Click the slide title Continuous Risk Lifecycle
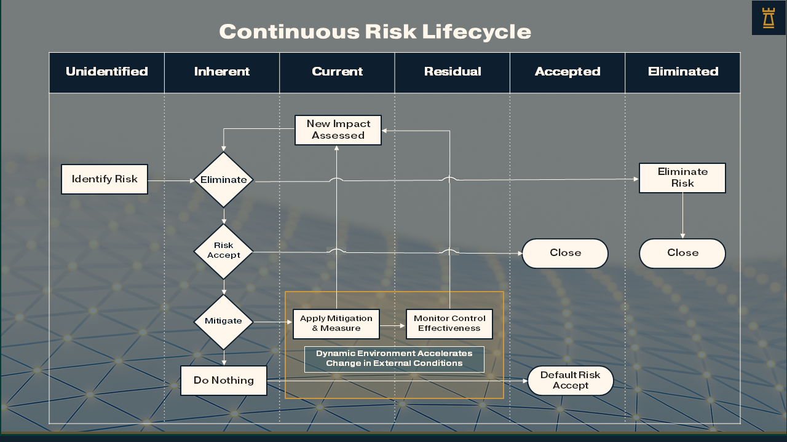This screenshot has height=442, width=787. click(375, 31)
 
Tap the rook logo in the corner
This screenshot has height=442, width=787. click(768, 18)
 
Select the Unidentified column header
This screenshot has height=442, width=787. click(107, 72)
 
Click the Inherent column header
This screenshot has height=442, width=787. click(222, 72)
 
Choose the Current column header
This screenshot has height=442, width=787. click(337, 72)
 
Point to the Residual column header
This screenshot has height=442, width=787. click(453, 72)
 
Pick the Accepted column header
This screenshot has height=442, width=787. click(568, 72)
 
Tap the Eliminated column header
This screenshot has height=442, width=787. click(682, 72)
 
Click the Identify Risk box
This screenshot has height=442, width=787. click(105, 179)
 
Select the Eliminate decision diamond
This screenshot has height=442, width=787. click(224, 180)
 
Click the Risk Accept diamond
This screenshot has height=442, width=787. click(224, 250)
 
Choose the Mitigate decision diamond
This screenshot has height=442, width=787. click(224, 321)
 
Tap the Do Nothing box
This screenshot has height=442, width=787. click(224, 381)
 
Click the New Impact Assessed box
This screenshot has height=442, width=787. click(338, 130)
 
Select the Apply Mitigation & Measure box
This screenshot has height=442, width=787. click(336, 324)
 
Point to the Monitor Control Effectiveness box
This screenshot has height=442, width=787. click(449, 324)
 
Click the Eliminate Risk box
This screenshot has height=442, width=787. click(682, 178)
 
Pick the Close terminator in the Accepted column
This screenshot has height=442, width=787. click(565, 254)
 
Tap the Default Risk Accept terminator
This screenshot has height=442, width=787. click(571, 381)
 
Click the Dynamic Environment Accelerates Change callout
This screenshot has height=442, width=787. click(394, 359)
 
